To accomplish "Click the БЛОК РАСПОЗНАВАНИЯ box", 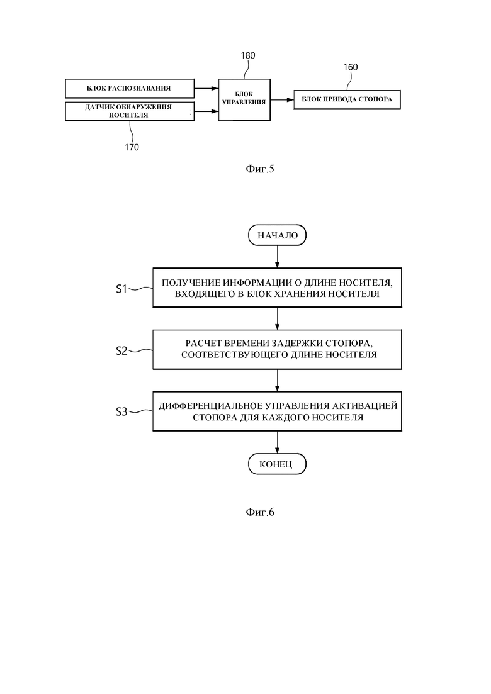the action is [130, 88].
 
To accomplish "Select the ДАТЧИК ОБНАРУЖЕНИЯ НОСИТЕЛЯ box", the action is [130, 111].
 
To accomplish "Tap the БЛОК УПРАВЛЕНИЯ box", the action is [244, 100].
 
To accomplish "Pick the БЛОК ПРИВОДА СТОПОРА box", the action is [347, 99].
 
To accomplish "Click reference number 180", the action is [248, 56].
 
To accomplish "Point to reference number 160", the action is [351, 67].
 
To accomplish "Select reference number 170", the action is [132, 147].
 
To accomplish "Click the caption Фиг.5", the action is [260, 169].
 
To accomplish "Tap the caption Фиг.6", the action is [260, 512].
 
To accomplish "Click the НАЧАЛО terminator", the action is [278, 235].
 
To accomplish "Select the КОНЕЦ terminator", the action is [277, 464].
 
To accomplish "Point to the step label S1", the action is [121, 289].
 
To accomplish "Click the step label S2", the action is [121, 351].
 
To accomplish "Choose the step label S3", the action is [121, 412].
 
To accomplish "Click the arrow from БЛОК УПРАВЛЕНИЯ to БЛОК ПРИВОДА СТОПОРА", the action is [282, 100].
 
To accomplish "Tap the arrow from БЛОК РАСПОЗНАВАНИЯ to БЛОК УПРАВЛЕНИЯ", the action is [206, 89].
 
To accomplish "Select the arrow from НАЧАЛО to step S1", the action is [278, 257].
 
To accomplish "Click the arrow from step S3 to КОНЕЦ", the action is [278, 442].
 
